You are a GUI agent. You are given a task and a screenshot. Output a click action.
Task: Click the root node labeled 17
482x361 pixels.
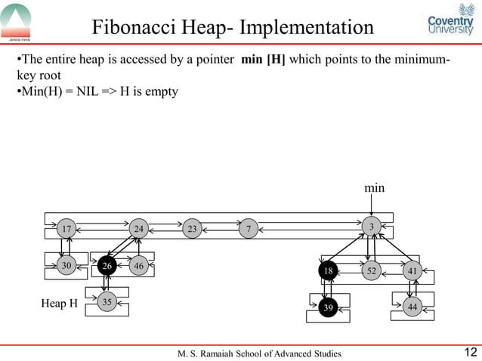(67, 228)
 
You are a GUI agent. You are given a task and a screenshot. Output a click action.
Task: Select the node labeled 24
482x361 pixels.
(138, 228)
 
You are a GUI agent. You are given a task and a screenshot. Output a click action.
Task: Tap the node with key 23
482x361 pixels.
(192, 228)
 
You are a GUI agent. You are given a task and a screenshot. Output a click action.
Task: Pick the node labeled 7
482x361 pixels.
(248, 228)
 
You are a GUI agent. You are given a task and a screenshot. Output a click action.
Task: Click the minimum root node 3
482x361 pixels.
(371, 227)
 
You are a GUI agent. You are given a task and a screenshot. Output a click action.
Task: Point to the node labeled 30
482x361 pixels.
(67, 265)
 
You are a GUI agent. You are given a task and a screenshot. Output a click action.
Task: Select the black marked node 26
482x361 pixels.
(107, 266)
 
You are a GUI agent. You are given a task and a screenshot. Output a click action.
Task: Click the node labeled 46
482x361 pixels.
(138, 266)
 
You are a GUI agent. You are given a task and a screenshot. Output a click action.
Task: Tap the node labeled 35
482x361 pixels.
(107, 302)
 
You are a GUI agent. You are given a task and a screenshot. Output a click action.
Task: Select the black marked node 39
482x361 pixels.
(328, 307)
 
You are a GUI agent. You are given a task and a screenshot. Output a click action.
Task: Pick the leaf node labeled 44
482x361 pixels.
(412, 307)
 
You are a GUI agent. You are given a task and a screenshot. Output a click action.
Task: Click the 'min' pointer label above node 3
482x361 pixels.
(375, 186)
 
